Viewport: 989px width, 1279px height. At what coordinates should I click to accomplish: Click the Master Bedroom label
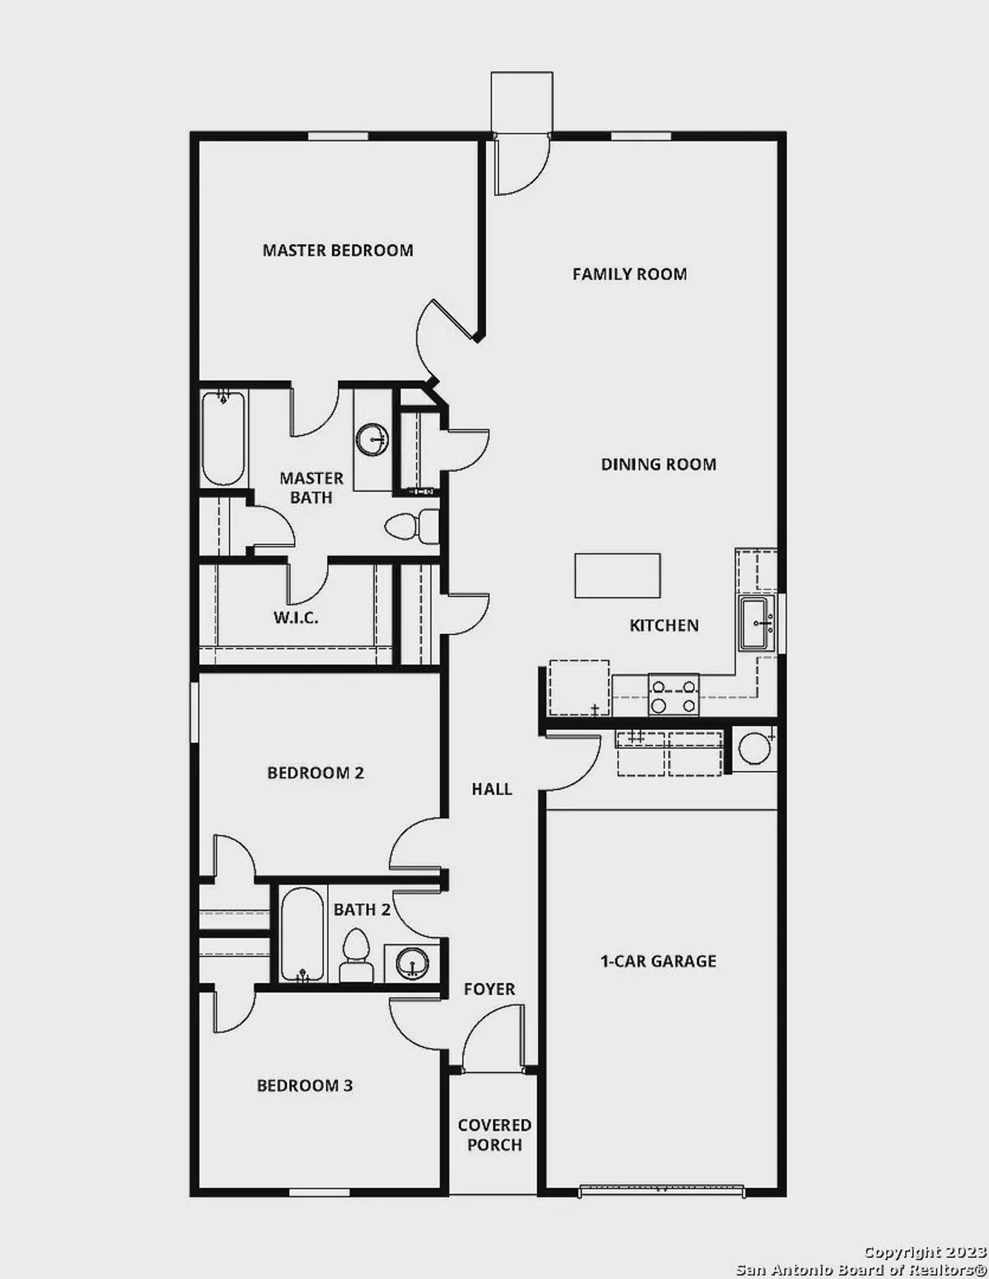pos(338,250)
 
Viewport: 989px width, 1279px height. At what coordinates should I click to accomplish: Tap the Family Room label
pos(630,274)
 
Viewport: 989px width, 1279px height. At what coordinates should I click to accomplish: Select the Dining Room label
pos(658,464)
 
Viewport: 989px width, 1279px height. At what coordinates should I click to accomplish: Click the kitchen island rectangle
pos(617,575)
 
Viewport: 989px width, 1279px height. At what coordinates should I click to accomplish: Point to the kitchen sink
pos(756,623)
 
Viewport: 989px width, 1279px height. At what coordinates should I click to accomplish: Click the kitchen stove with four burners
pos(674,694)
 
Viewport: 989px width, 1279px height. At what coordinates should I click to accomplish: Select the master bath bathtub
pos(223,438)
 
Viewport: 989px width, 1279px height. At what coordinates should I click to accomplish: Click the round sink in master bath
pos(372,439)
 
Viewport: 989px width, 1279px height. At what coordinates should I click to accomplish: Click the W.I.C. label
pos(295,618)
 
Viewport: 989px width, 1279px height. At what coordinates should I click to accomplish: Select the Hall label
pos(492,789)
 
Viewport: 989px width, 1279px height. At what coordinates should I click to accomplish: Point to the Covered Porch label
pos(494,1135)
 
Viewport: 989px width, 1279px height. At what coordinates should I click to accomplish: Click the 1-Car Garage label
pos(658,962)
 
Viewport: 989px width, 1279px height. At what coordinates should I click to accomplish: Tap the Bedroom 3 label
pos(304,1086)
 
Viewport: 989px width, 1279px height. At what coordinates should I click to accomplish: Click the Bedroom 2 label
pos(315,773)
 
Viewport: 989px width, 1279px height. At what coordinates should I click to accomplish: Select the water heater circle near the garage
pos(753,748)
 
